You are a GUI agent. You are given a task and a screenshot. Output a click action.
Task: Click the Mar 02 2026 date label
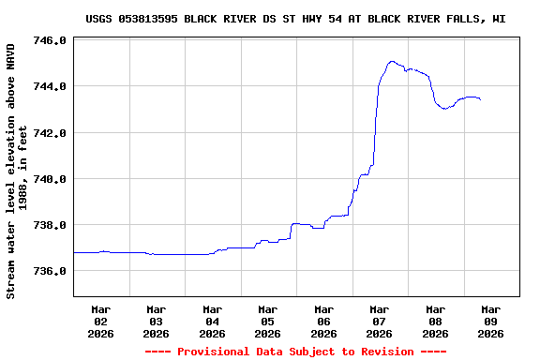pos(101,321)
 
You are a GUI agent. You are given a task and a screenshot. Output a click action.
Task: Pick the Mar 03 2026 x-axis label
pos(157,321)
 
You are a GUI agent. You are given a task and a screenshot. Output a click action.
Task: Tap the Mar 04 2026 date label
pos(213,321)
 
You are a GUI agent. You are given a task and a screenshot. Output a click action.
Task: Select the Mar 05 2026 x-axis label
pos(268,321)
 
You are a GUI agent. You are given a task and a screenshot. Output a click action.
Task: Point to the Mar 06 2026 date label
pos(324,321)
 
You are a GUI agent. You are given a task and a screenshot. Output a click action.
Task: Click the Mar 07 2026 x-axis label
pos(380,321)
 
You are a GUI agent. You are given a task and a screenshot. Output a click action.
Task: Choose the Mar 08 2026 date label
pos(435,321)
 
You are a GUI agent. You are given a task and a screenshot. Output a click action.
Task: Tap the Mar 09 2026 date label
pos(490,321)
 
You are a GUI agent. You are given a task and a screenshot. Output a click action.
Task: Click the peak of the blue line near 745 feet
pos(392,62)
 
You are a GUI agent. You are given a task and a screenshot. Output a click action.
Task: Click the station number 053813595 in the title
pos(150,19)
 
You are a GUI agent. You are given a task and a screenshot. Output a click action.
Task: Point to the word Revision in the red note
pos(382,352)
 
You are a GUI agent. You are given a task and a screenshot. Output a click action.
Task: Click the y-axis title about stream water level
pos(17,170)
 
